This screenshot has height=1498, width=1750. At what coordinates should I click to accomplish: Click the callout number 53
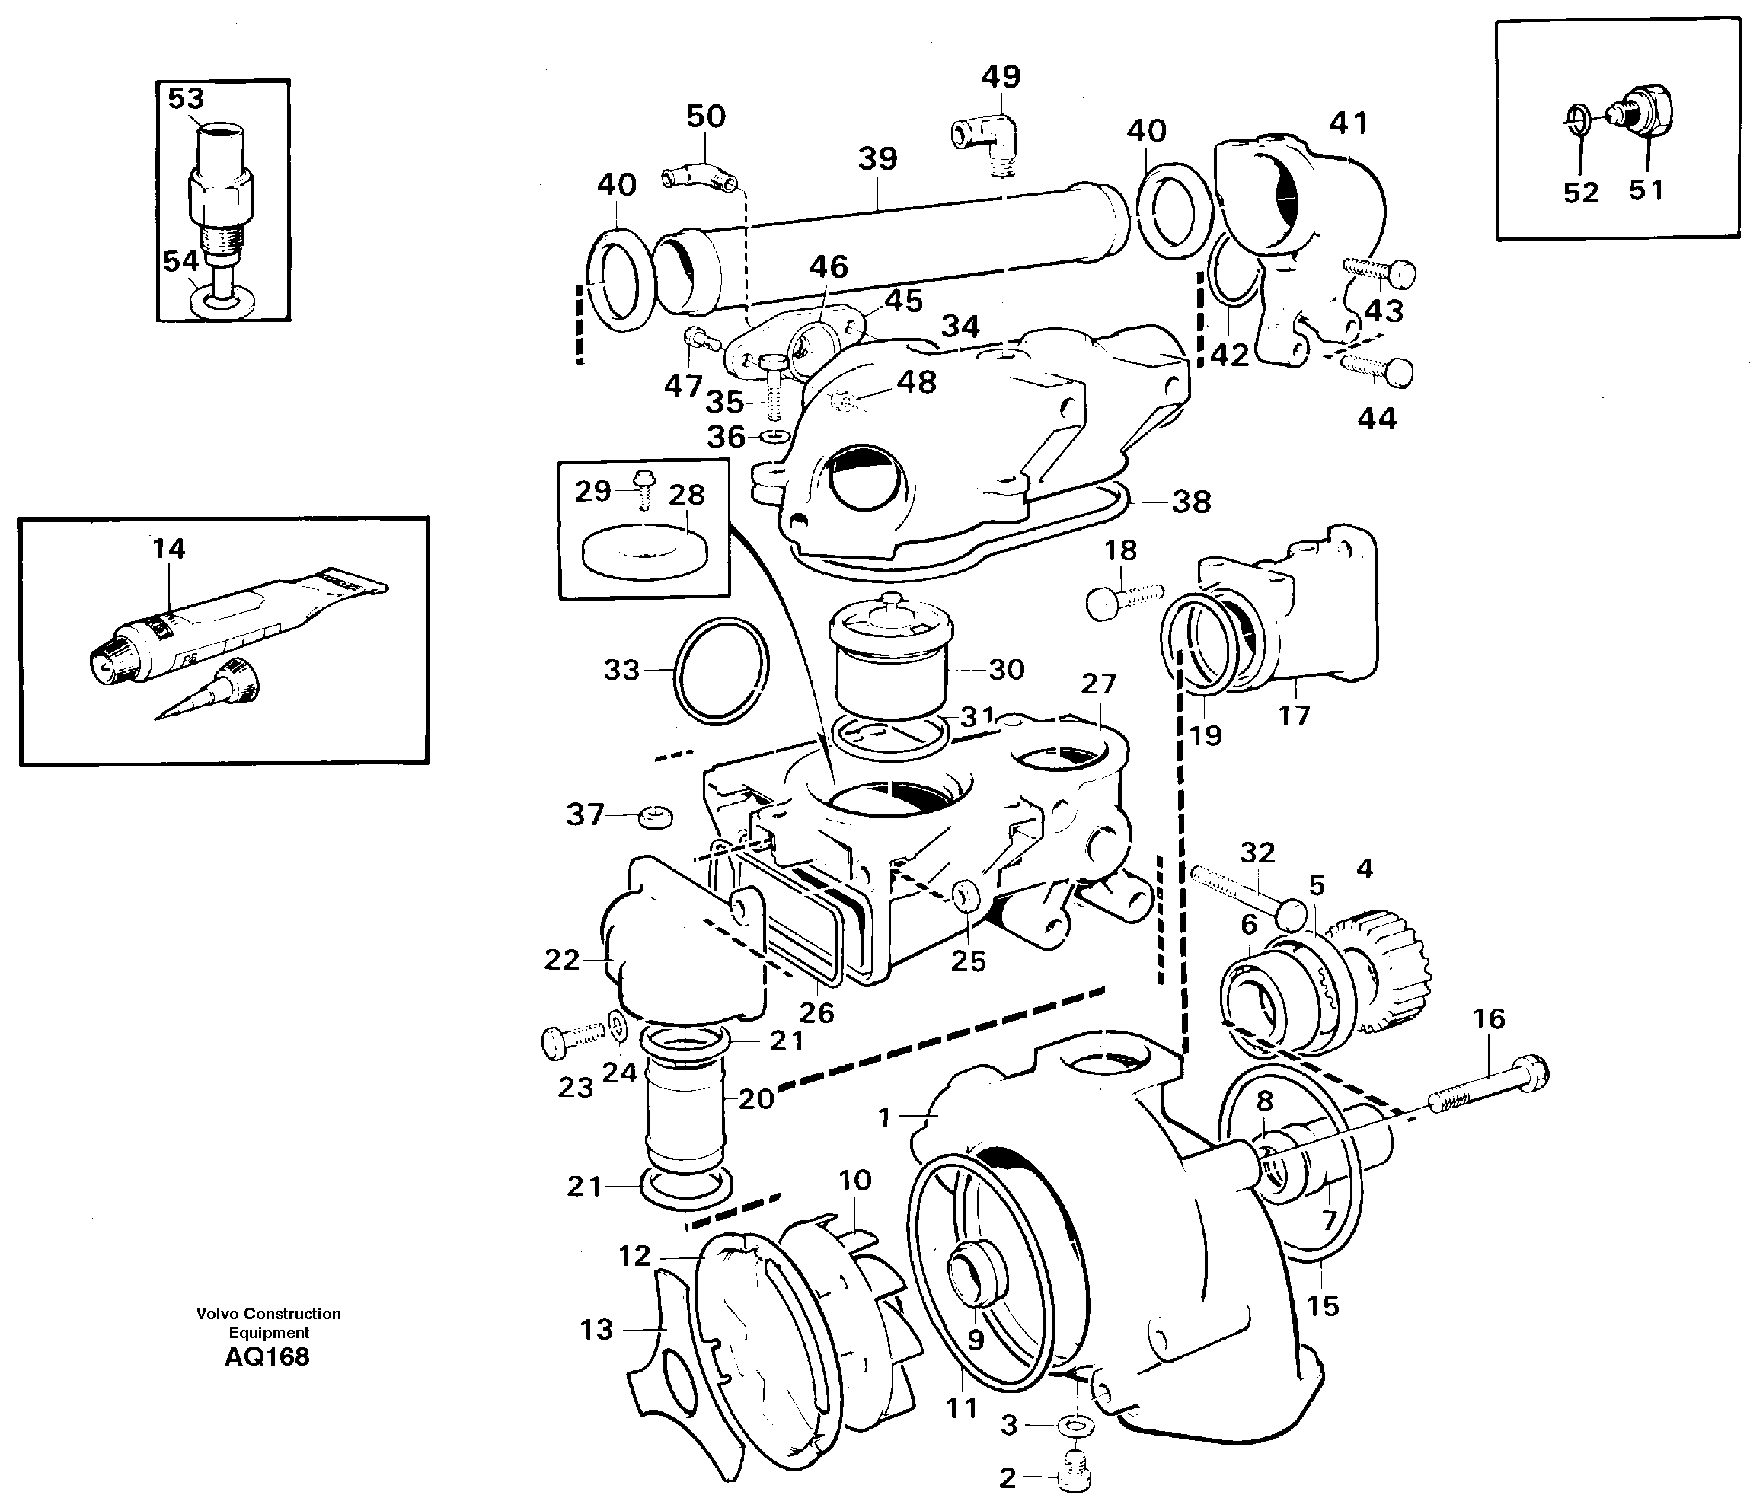pyautogui.click(x=186, y=98)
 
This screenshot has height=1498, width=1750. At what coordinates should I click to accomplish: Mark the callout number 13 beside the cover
pyautogui.click(x=596, y=1329)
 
